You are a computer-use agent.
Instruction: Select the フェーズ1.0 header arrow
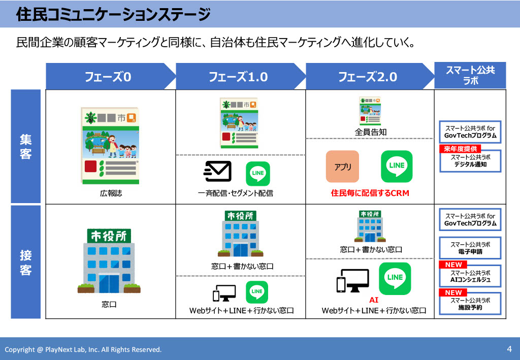[x=238, y=77]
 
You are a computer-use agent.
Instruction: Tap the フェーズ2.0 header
[x=368, y=77]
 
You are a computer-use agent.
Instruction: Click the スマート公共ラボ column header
[x=470, y=76]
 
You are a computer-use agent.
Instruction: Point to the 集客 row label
[x=26, y=146]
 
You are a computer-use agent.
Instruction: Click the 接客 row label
[x=26, y=262]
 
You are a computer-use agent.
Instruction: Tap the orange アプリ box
[x=342, y=167]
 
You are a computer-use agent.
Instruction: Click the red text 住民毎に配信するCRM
[x=370, y=193]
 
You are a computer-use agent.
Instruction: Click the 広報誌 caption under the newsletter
[x=111, y=193]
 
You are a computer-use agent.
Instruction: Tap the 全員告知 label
[x=370, y=132]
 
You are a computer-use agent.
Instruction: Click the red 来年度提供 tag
[x=461, y=149]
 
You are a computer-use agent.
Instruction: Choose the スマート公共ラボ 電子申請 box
[x=470, y=248]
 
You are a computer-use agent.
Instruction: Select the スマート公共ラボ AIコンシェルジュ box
[x=470, y=276]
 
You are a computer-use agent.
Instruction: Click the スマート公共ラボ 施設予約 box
[x=470, y=304]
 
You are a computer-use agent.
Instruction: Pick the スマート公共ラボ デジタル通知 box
[x=470, y=161]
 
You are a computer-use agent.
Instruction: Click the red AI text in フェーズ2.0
[x=374, y=300]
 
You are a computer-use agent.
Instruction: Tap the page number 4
[x=509, y=349]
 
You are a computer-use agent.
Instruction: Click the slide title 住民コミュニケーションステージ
[x=113, y=15]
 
